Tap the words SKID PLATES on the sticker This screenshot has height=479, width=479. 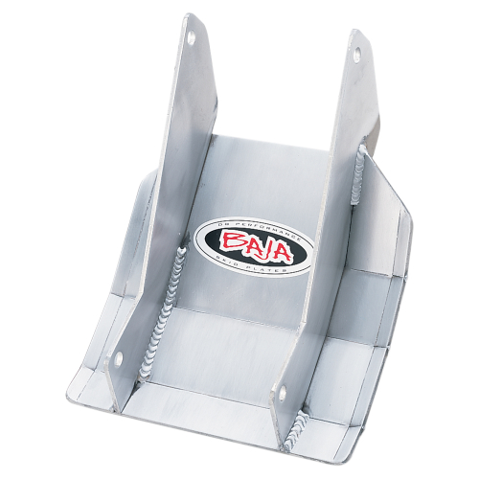click(253, 253)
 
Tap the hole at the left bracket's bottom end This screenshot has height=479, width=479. click(119, 361)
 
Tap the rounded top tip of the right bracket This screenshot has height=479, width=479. click(360, 36)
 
